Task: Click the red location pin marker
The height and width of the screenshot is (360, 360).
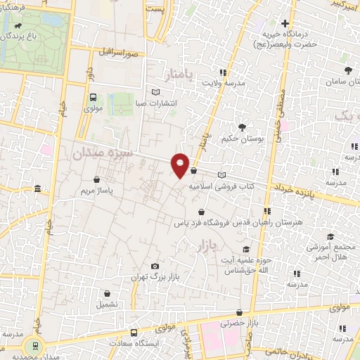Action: point(181,165)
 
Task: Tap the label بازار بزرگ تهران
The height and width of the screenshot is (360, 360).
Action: point(155,278)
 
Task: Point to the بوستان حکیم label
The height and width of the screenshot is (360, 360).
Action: point(243,139)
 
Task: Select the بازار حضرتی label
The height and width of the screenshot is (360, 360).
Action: point(240,323)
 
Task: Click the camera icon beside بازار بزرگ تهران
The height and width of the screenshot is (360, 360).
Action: point(155,266)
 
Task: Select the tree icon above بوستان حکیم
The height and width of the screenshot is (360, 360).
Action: point(242,127)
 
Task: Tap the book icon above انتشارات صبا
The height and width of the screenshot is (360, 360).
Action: point(156,91)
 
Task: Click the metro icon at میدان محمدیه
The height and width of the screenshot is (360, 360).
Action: point(31,345)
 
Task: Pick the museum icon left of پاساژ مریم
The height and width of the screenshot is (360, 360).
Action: point(37,188)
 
